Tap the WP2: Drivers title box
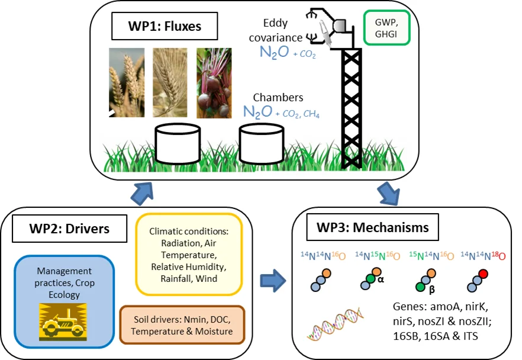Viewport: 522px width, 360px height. [x=70, y=229]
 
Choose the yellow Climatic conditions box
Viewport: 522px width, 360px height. [x=189, y=253]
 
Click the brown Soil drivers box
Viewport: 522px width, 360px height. [x=182, y=325]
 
